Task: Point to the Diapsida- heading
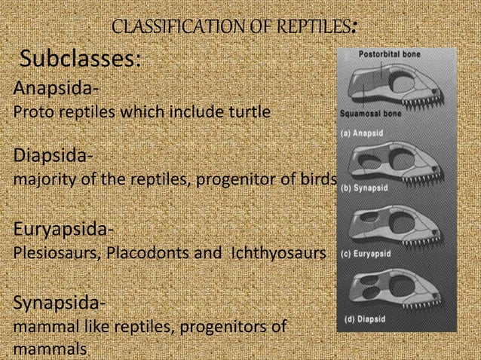point(54,158)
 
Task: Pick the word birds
point(315,181)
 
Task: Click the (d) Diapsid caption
point(365,319)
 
